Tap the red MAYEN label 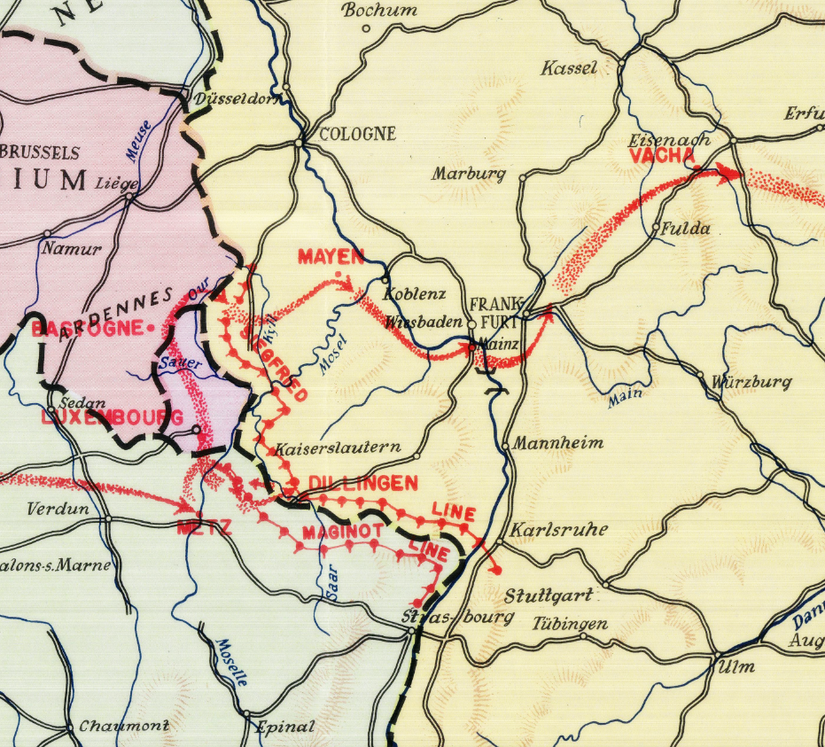pyautogui.click(x=331, y=257)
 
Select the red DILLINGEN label pyautogui.click(x=362, y=483)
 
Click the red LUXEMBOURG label pyautogui.click(x=112, y=417)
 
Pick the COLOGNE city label pyautogui.click(x=356, y=135)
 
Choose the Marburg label pyautogui.click(x=468, y=174)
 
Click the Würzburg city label pyautogui.click(x=751, y=383)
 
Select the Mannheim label pyautogui.click(x=558, y=442)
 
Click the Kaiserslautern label pyautogui.click(x=338, y=448)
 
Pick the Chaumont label pyautogui.click(x=124, y=727)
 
